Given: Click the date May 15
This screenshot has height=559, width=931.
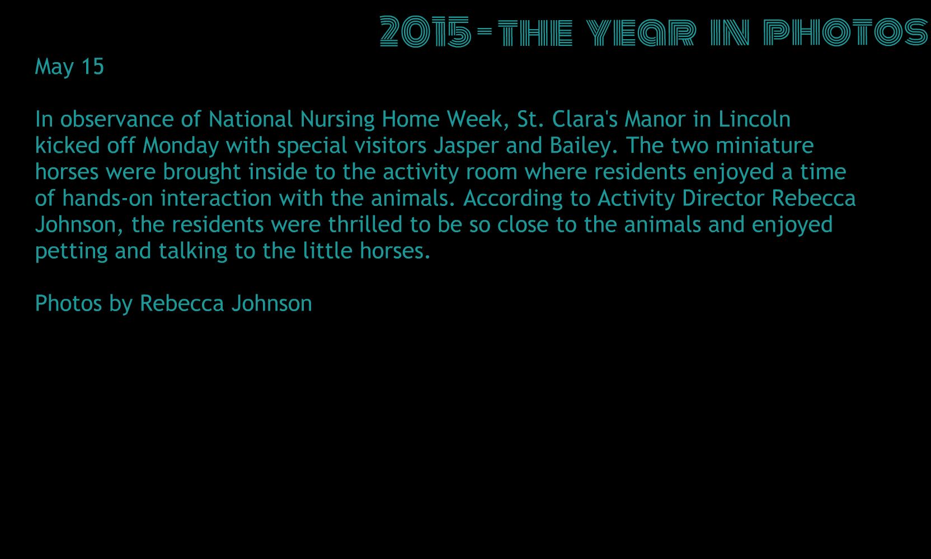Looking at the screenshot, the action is (x=69, y=67).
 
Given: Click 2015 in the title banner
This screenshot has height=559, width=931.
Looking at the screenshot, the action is (x=426, y=31).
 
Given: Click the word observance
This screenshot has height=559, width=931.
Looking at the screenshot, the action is (x=117, y=119).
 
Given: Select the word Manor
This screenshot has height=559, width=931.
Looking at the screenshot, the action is (x=655, y=119).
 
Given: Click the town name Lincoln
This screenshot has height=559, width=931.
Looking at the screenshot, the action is (x=754, y=119).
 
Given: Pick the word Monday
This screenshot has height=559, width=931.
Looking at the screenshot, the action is (x=180, y=146).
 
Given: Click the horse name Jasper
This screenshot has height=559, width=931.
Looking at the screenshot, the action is (x=466, y=146).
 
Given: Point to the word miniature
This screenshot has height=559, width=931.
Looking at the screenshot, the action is (x=765, y=145).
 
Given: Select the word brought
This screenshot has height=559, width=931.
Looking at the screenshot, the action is (x=201, y=172).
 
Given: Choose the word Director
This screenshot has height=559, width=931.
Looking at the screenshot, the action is (x=723, y=198).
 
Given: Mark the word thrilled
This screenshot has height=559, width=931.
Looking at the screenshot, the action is (x=365, y=224).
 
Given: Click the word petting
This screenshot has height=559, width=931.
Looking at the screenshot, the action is (x=72, y=251).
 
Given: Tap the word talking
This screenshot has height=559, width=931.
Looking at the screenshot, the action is (x=193, y=251).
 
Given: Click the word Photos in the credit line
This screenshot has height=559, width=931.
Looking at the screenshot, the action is (x=69, y=303).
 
